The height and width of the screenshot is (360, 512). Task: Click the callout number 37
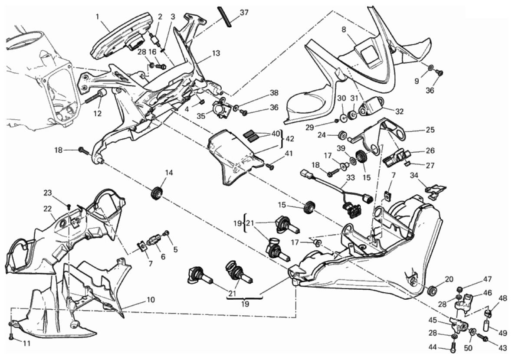tap(244, 13)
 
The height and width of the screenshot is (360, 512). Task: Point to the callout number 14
tap(169, 172)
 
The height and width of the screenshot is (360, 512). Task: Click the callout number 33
tap(351, 177)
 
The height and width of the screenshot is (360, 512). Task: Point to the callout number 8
tap(344, 30)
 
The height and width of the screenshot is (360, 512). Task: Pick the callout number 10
tap(150, 300)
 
